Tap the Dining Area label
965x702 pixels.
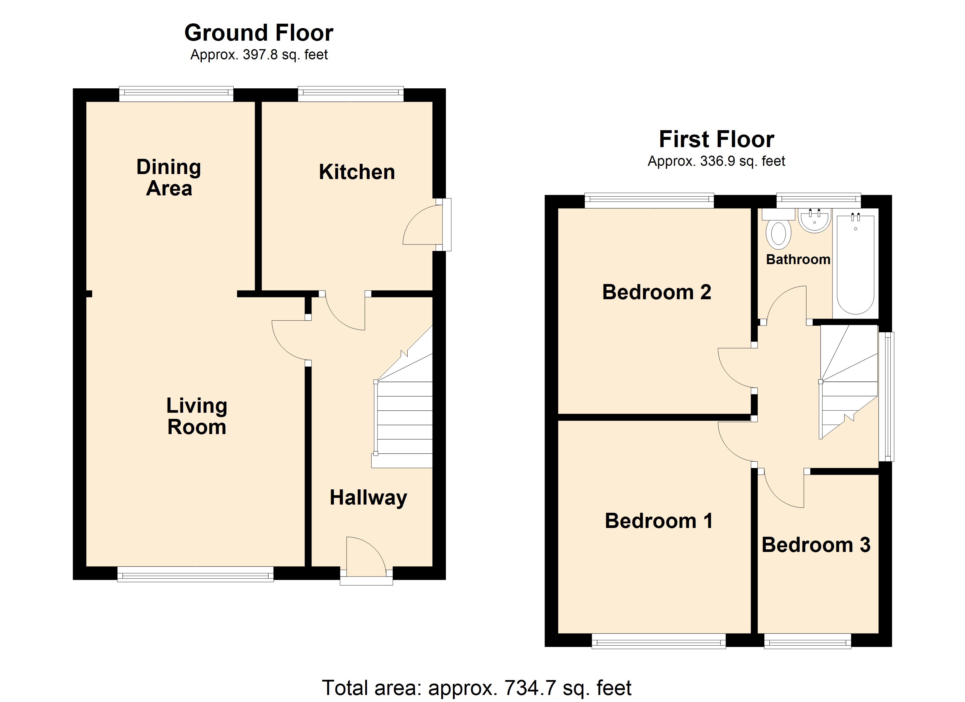click(x=169, y=178)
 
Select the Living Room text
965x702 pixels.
click(x=197, y=416)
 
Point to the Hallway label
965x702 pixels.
click(x=368, y=497)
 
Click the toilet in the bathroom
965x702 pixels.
click(x=778, y=234)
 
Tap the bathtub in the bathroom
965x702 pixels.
click(x=855, y=264)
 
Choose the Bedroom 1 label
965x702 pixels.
click(x=659, y=521)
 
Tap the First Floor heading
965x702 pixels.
click(x=716, y=139)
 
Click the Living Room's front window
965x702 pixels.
click(x=195, y=574)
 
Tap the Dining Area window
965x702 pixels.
click(x=176, y=94)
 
